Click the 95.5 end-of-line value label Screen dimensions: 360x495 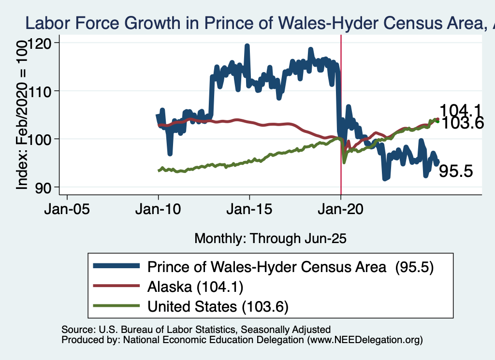pos(455,171)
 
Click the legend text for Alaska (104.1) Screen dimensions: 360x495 pos(195,287)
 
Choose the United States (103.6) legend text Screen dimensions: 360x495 pos(218,306)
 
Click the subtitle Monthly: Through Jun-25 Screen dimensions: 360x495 pos(270,238)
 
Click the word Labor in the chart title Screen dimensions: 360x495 pos(45,23)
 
